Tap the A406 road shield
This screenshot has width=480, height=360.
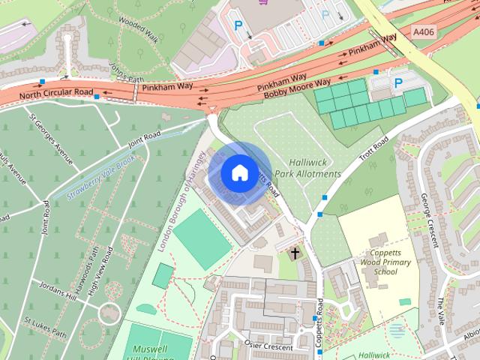(424, 33)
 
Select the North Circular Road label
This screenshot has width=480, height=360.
(56, 94)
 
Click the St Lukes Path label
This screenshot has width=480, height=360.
(45, 329)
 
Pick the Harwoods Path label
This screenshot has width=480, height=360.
(85, 267)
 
